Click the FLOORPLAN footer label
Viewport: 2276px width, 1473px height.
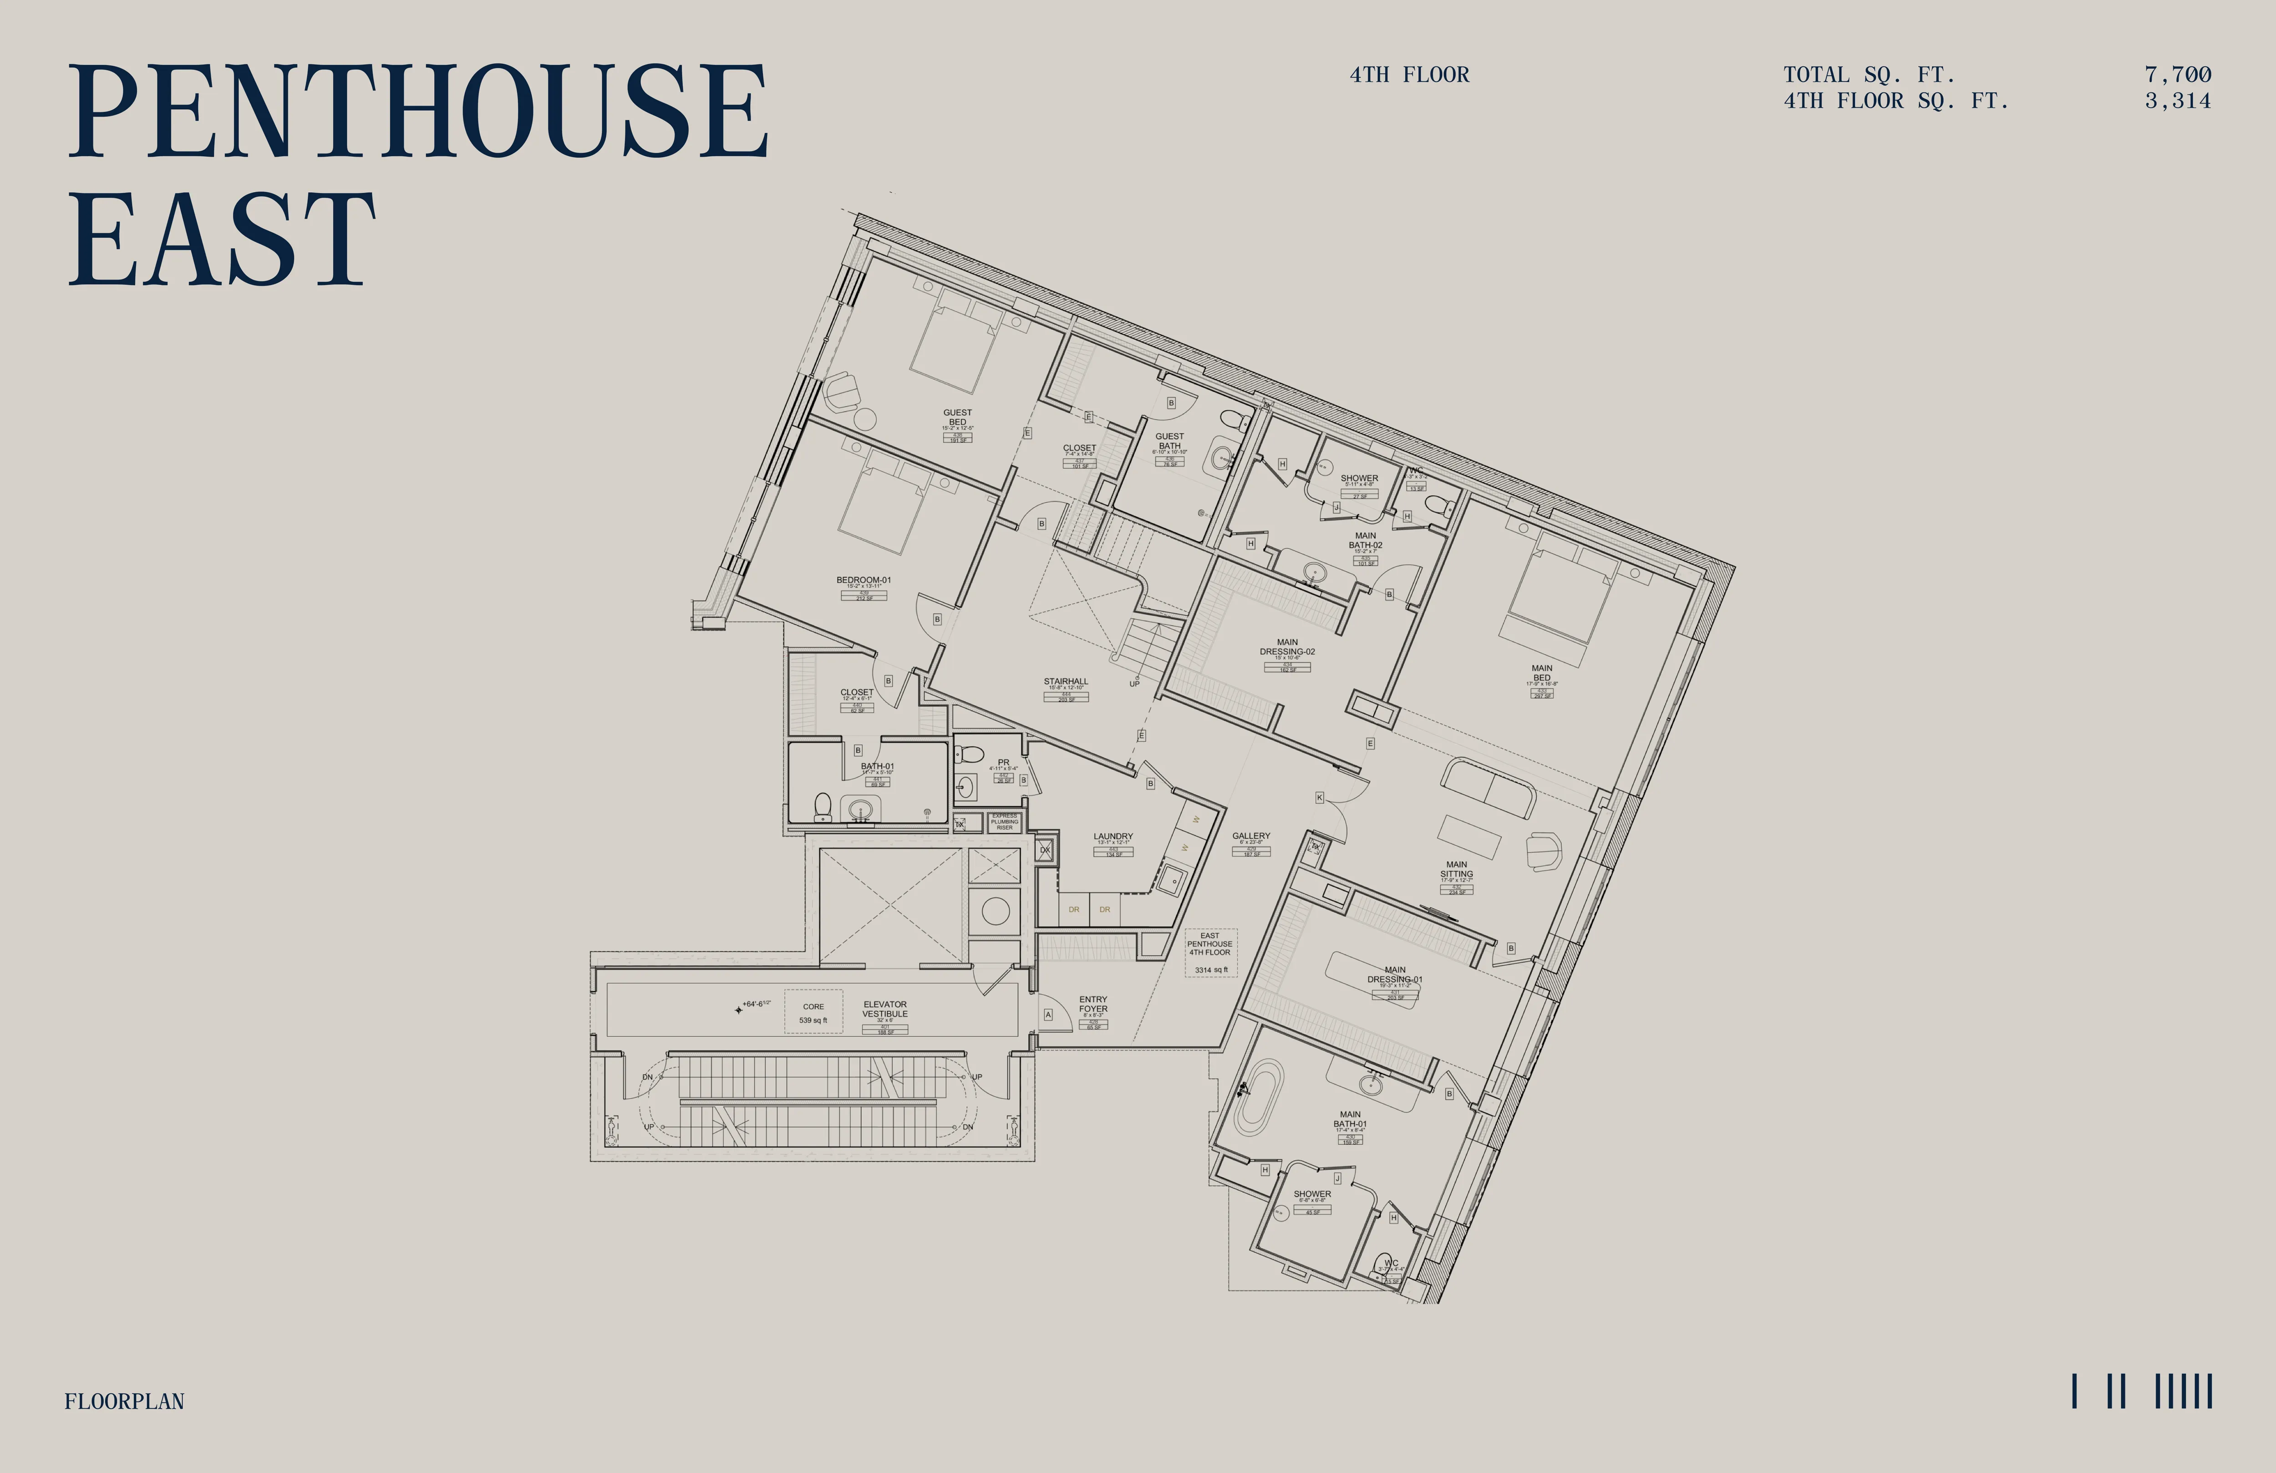124,1401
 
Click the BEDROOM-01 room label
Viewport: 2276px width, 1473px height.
864,580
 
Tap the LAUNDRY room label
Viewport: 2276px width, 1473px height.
1113,836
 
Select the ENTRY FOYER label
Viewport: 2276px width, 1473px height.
1093,1004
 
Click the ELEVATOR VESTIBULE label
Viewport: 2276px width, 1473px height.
884,1009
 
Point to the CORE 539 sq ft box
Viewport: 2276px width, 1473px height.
813,1012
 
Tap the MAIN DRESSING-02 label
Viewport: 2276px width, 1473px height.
1287,647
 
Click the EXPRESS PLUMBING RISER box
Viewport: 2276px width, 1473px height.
1004,821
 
